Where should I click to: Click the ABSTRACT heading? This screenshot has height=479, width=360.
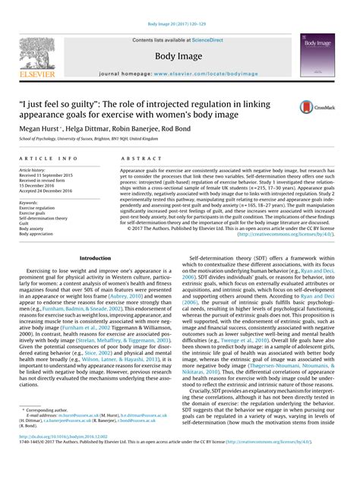click(136, 157)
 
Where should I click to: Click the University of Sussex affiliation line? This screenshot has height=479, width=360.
click(107, 139)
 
